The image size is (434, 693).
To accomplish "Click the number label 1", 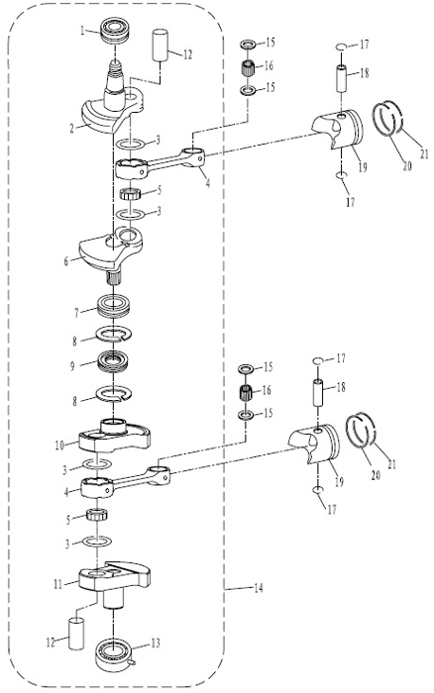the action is click(82, 30).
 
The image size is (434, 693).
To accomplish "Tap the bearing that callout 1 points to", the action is click(115, 31).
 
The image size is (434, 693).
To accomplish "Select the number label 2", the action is click(71, 128).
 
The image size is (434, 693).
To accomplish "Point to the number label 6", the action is click(66, 261).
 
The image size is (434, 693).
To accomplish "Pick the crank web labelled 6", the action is click(111, 248).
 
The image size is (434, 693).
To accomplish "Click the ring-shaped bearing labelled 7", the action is click(113, 305).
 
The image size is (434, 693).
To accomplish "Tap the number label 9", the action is click(72, 366).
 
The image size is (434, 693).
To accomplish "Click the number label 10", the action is click(60, 445).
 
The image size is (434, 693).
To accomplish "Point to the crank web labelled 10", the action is click(115, 437).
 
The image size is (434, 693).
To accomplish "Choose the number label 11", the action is click(57, 584).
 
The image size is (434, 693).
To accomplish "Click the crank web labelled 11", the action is click(115, 578).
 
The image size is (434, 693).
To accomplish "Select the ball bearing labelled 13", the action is click(114, 655).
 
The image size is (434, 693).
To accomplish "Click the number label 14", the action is click(258, 588).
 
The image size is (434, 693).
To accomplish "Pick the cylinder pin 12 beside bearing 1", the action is click(161, 45).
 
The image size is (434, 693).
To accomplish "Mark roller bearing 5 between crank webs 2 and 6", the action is click(131, 193).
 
